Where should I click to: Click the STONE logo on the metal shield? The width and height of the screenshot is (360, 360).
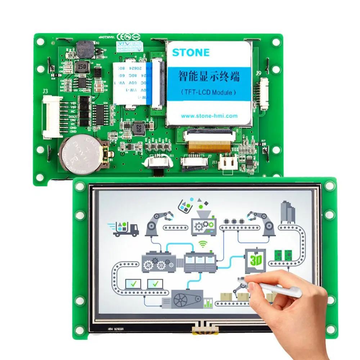[x=191, y=53]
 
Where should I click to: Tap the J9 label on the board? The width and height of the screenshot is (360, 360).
[x=258, y=73]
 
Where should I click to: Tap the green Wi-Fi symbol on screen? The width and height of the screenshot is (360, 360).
[x=204, y=244]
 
